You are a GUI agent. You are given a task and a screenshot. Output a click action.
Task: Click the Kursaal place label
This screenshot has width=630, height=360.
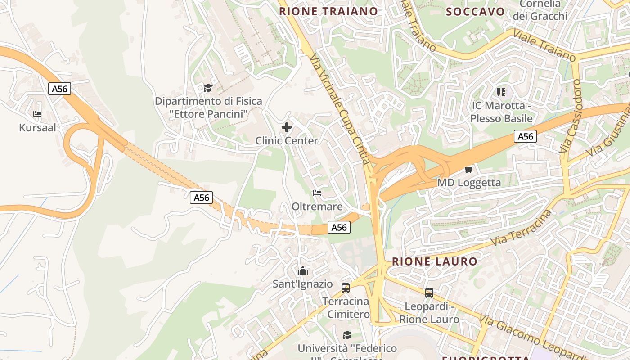(x=37, y=128)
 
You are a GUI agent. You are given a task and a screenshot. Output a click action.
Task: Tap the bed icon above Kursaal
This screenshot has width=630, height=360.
(x=37, y=114)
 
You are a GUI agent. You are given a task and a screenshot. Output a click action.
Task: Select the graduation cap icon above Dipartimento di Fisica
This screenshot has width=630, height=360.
(x=208, y=88)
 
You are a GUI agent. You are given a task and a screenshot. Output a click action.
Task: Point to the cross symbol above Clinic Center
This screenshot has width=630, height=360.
(x=287, y=127)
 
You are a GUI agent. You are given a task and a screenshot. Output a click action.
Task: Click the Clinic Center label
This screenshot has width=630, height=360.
(x=287, y=141)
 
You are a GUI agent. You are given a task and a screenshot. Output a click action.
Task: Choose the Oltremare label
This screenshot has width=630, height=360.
(x=317, y=207)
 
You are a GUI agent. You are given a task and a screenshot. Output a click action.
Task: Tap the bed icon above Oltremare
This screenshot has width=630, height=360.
(x=317, y=193)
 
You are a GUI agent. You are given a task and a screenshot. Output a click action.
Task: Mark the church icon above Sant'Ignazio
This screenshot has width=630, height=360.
(x=303, y=270)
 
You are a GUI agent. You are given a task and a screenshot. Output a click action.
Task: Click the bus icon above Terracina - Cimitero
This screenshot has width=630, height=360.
(x=346, y=288)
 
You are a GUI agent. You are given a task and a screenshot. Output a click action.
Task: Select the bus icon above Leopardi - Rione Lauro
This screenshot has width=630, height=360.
(x=429, y=293)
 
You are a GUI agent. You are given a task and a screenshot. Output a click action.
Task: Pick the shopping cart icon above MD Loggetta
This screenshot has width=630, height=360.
(x=469, y=169)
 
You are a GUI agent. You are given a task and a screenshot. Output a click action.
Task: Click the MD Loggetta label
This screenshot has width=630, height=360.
(x=469, y=183)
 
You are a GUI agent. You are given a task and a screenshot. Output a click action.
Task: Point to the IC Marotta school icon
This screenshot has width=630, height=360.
(x=501, y=92)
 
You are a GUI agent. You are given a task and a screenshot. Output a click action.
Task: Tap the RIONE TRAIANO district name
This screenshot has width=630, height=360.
(x=328, y=11)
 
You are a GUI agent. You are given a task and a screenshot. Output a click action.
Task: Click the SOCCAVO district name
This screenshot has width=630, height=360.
(x=475, y=12)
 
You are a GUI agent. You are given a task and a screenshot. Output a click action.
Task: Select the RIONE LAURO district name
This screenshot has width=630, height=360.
(x=434, y=261)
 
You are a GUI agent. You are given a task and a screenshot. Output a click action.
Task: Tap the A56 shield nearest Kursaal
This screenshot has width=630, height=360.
(x=59, y=89)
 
